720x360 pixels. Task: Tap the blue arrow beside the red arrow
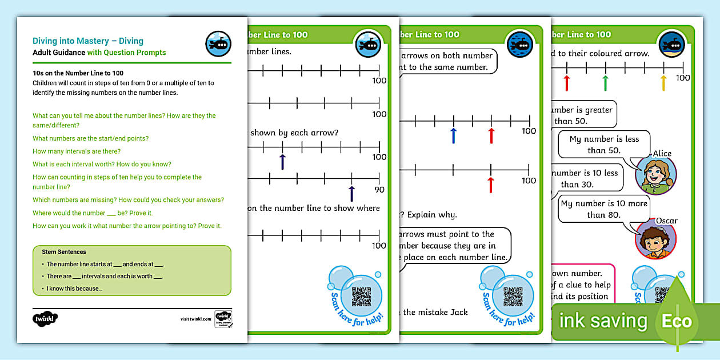point(453,135)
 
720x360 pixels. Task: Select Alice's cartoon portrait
point(655,175)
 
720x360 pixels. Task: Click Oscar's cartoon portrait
point(655,239)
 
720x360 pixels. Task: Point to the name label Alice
point(662,153)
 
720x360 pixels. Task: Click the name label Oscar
point(666,221)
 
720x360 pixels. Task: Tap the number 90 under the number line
point(379,190)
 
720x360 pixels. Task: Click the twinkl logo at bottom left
point(45,318)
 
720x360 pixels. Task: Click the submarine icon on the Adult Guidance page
point(218,44)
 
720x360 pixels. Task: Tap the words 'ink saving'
point(603,321)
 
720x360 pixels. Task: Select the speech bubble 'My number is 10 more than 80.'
point(604,209)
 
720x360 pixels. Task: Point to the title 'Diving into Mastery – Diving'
point(88,41)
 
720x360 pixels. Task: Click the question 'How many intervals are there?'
point(77,151)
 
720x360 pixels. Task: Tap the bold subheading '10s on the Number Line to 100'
point(78,73)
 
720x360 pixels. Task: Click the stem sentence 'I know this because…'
point(74,289)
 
